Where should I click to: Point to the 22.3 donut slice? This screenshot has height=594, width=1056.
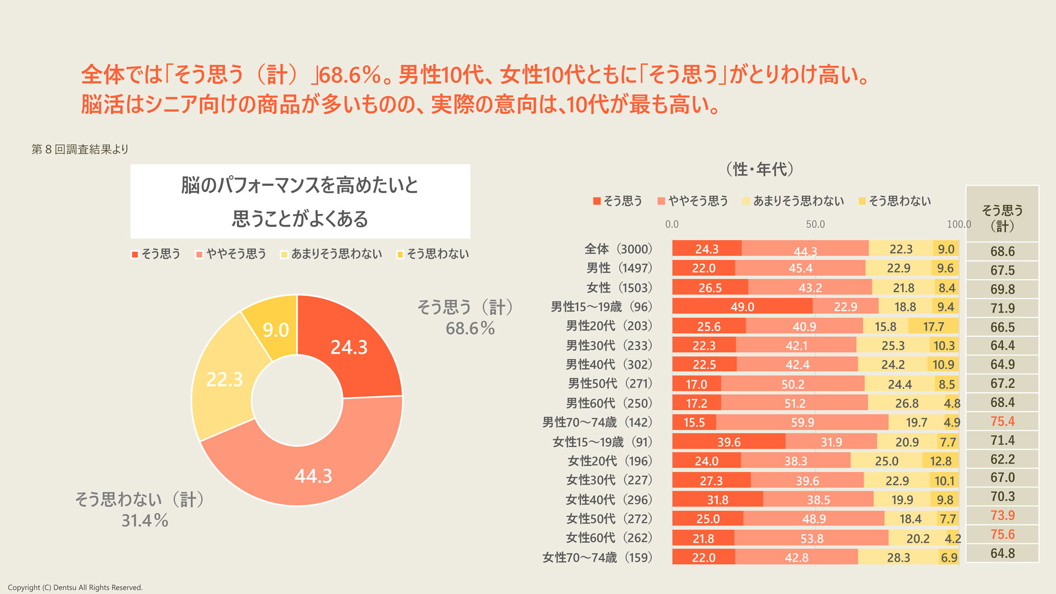225,380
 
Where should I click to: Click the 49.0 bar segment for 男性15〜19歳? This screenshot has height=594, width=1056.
742,307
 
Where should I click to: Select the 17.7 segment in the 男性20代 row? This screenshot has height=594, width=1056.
934,326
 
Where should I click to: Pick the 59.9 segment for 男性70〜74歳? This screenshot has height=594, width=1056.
803,422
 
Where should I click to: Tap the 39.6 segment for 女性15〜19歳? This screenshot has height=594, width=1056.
729,442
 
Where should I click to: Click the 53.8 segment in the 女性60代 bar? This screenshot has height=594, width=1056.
812,539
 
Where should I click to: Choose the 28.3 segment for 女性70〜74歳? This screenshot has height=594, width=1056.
899,558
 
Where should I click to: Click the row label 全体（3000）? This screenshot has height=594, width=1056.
618,249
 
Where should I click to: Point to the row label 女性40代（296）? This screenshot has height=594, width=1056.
609,499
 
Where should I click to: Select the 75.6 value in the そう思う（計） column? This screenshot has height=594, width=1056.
1002,534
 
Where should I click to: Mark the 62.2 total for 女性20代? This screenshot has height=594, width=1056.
1002,459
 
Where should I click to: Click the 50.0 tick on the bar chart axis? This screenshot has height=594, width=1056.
815,224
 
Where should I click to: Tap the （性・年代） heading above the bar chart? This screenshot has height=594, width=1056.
760,169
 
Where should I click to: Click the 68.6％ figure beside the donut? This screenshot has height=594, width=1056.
470,328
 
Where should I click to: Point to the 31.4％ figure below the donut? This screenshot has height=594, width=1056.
145,521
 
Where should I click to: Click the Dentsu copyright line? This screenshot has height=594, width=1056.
75,588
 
